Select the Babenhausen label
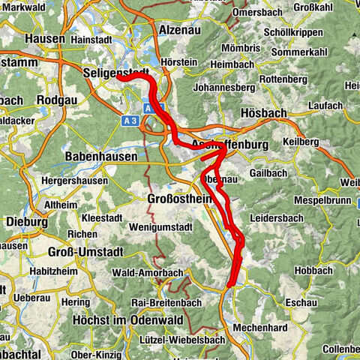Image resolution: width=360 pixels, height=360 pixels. tap(101, 157)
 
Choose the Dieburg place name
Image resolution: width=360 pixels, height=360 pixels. tap(25, 222)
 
